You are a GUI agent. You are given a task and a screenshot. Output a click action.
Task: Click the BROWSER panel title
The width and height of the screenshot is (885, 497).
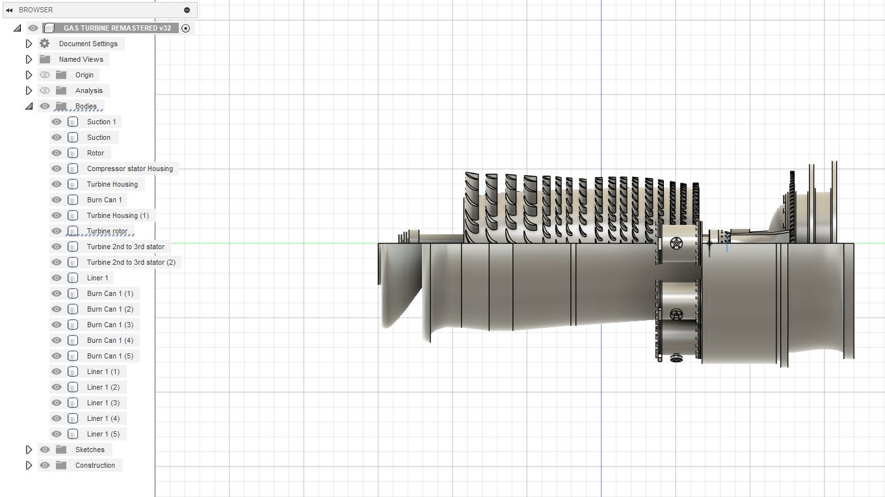click(x=36, y=10)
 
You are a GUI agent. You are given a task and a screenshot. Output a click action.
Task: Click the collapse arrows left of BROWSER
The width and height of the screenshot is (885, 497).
click(x=9, y=10)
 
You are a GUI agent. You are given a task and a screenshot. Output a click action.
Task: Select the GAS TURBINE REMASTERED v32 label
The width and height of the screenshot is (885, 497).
click(x=117, y=28)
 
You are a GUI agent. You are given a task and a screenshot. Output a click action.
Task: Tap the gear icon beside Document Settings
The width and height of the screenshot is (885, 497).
click(x=45, y=44)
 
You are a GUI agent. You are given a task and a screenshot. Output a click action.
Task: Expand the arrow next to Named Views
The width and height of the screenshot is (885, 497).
click(x=29, y=59)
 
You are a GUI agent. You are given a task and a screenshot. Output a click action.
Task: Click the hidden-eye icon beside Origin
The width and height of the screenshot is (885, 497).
click(x=45, y=75)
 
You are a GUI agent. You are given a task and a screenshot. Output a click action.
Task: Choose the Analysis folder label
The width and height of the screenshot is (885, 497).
click(x=88, y=90)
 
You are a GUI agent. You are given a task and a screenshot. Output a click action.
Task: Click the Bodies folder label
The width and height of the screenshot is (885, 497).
click(x=86, y=106)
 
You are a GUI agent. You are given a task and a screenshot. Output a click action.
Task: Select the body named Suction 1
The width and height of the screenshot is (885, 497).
click(x=101, y=122)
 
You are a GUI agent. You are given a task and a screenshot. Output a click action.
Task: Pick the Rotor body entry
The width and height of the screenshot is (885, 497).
click(x=96, y=153)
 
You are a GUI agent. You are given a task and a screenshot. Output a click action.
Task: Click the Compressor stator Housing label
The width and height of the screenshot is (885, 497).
click(x=130, y=168)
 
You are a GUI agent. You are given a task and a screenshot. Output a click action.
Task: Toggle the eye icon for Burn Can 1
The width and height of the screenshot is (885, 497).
click(x=57, y=200)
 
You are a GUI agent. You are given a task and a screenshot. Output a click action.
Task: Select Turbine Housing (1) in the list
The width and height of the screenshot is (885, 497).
click(x=118, y=215)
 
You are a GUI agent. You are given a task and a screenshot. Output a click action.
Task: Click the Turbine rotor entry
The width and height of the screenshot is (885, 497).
click(x=107, y=231)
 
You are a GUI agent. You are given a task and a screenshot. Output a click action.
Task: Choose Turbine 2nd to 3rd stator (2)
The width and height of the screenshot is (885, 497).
click(x=131, y=262)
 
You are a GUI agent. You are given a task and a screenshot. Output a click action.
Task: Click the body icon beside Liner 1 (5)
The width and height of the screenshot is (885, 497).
click(x=73, y=434)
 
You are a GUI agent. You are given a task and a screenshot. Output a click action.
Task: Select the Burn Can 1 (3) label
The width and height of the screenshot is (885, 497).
click(x=110, y=325)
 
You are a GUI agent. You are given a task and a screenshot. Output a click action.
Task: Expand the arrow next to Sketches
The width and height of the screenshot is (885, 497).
click(x=29, y=450)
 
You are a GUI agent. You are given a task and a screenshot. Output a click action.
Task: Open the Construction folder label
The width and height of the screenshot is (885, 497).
click(x=95, y=465)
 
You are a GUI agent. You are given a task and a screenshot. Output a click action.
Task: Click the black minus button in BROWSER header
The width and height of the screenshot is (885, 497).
click(x=187, y=10)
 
